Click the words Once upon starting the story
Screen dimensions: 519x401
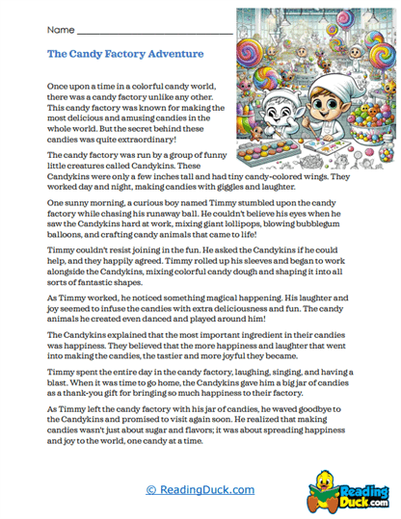(67, 87)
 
